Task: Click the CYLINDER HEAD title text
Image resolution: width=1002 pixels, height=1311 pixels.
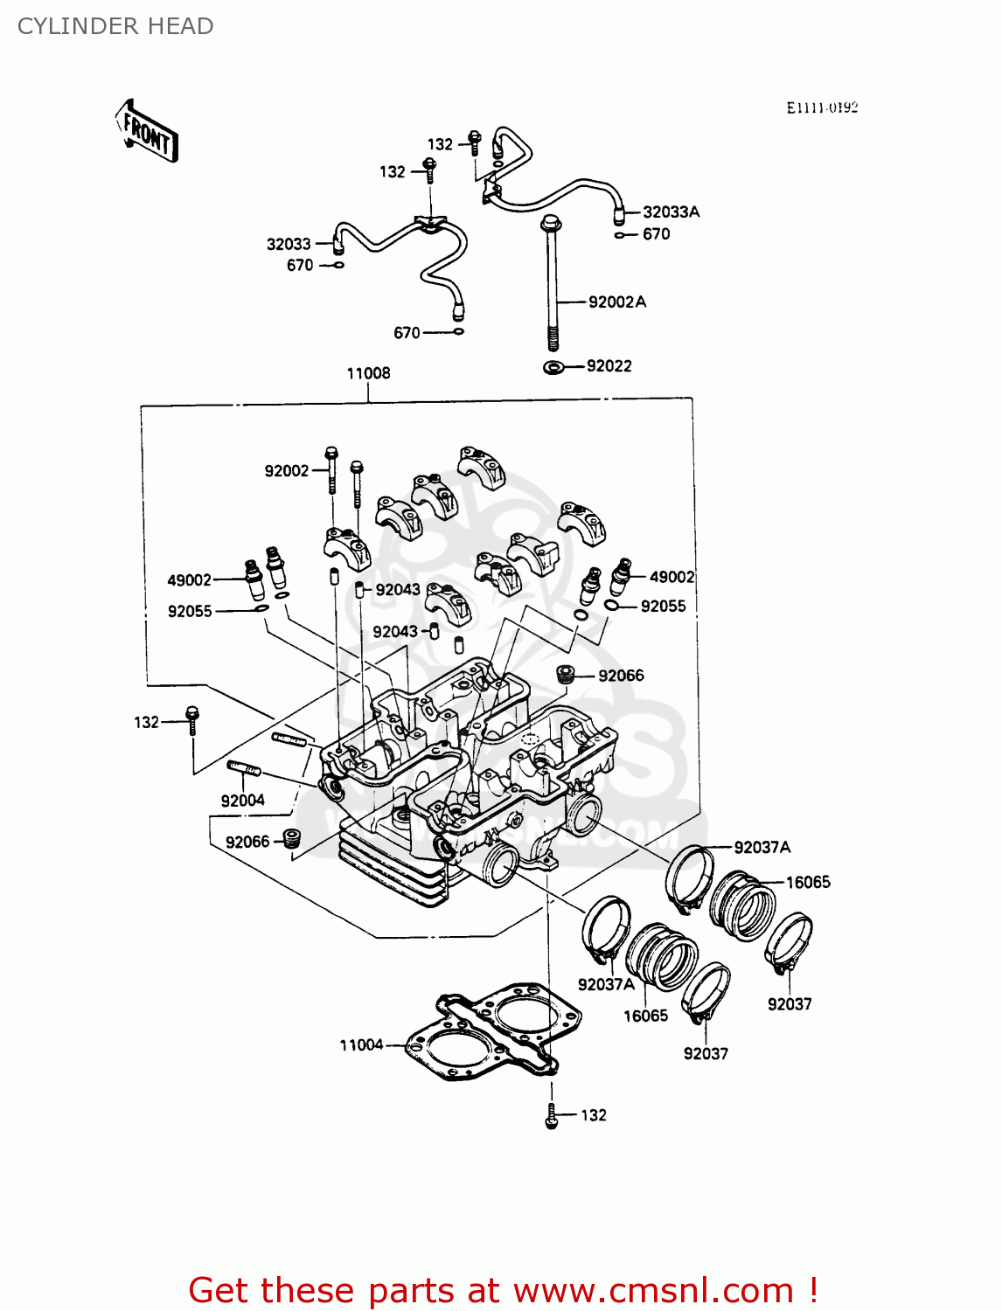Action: tap(115, 26)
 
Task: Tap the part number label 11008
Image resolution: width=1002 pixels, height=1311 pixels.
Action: tap(368, 373)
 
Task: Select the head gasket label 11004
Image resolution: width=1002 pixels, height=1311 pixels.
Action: tap(361, 1044)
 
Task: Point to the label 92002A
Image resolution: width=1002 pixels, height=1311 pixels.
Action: tap(617, 302)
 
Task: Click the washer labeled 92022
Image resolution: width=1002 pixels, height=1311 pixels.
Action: tap(553, 367)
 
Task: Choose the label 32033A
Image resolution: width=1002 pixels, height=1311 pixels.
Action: tap(671, 212)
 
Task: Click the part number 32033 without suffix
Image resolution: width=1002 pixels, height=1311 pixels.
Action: tap(289, 244)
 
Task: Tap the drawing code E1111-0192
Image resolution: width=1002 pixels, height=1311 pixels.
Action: tap(822, 108)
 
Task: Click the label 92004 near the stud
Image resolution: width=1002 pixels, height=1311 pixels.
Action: tap(242, 801)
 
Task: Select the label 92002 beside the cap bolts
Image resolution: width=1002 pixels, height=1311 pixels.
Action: tap(287, 471)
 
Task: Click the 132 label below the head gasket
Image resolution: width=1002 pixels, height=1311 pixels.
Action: tap(593, 1115)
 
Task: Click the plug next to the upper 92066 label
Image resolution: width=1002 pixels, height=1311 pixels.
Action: tap(566, 675)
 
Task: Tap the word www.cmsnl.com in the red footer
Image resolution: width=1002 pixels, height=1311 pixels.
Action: tap(653, 1290)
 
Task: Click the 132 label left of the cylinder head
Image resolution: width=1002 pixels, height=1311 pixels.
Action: tap(146, 722)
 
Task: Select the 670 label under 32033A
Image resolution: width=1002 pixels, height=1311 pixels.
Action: tap(656, 234)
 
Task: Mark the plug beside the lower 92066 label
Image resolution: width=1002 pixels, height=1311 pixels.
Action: tap(292, 839)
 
